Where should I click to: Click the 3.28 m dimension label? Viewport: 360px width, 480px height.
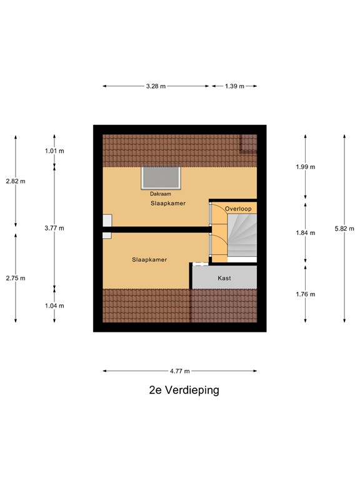156,86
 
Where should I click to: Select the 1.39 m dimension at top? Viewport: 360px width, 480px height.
234,86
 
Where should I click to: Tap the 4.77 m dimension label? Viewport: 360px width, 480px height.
180,371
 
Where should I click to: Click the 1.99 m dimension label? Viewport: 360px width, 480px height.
305,167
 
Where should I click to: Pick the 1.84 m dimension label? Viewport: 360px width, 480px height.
305,232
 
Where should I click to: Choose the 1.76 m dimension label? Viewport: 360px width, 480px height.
305,294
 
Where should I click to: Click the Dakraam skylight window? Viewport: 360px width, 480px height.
161,177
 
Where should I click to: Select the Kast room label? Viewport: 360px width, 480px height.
224,278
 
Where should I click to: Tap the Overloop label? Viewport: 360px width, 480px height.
238,208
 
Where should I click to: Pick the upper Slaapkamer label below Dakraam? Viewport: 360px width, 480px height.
167,204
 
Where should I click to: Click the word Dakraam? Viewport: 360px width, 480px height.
161,194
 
